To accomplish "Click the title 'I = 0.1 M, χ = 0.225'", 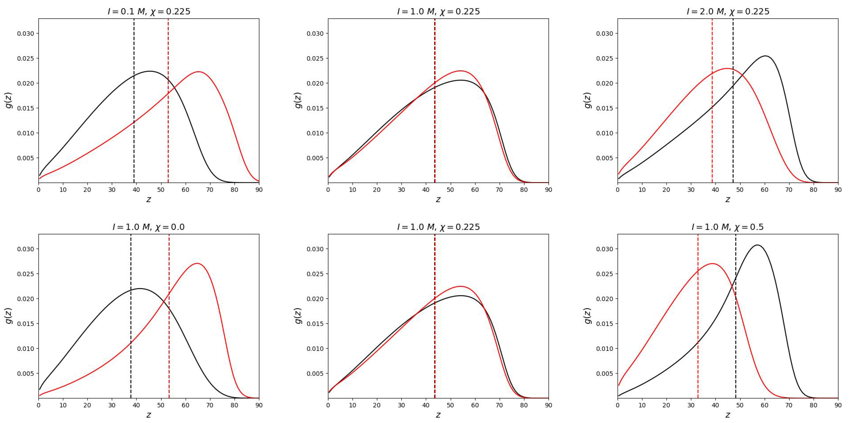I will coord(149,12).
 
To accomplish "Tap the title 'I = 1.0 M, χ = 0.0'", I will coord(149,227).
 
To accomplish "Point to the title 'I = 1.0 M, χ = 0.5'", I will coord(728,227).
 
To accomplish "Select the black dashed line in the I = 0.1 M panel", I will coord(134,99).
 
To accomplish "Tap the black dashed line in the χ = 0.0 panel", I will coord(131,330).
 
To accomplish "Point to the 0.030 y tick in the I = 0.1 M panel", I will coord(26,34).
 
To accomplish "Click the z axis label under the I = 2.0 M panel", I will coord(728,200).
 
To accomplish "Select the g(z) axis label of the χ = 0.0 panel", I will coord(9,316).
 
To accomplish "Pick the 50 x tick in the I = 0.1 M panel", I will coord(161,190).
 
